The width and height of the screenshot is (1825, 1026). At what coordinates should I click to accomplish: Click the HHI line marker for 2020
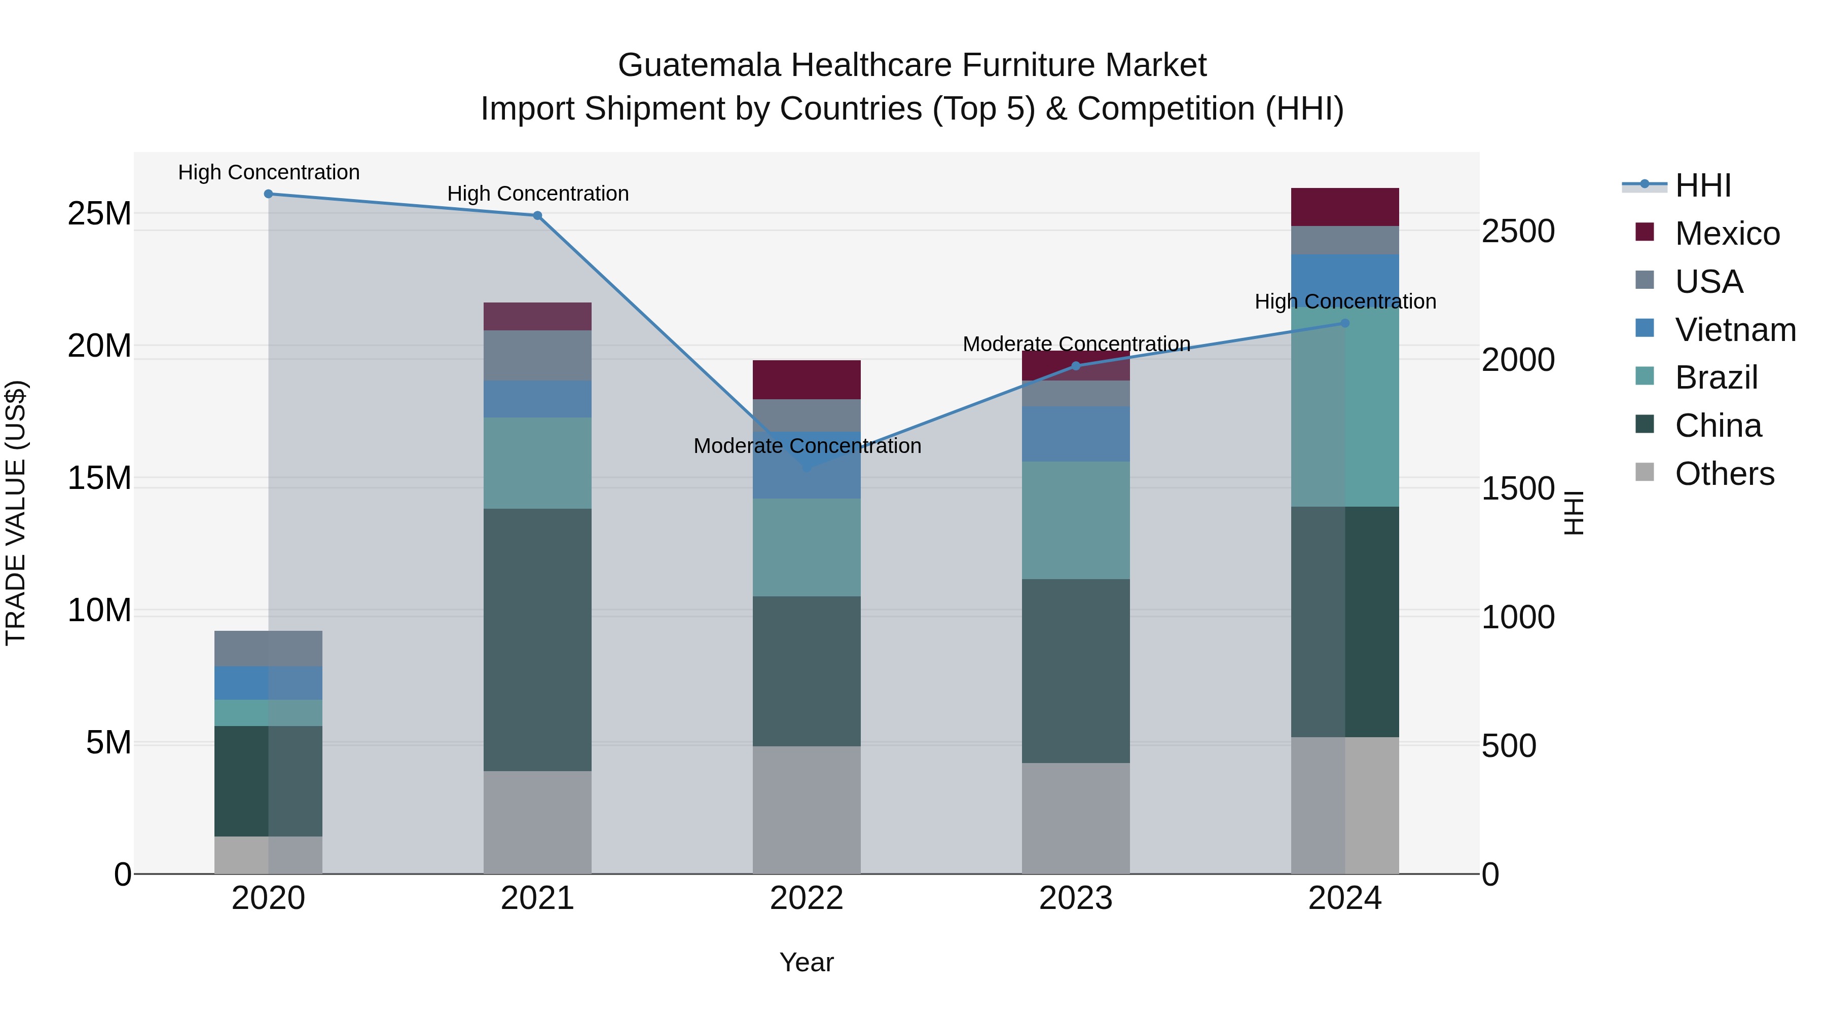[269, 194]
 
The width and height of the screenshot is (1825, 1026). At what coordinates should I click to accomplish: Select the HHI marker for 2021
[538, 215]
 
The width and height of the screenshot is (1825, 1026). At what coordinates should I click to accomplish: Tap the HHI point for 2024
[1345, 324]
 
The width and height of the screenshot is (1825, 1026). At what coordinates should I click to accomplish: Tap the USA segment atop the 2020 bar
[269, 648]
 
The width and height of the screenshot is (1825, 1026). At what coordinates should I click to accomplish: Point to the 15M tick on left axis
[99, 478]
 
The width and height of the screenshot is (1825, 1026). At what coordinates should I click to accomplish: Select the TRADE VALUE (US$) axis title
[16, 513]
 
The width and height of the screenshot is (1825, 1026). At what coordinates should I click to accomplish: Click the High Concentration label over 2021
[538, 194]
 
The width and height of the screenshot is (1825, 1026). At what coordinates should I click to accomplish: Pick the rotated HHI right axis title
[1574, 513]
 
